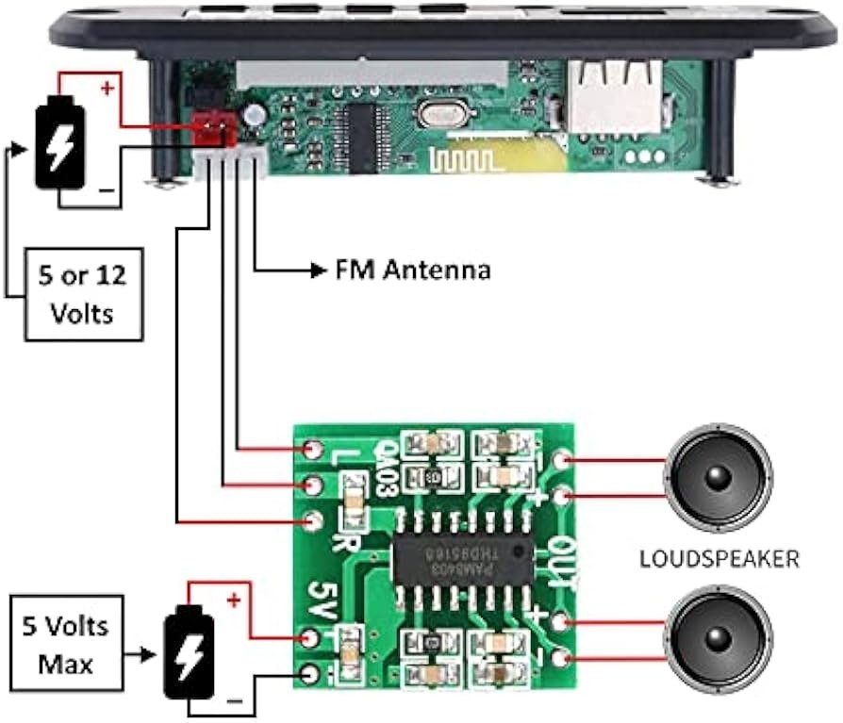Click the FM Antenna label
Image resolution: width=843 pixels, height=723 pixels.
click(x=413, y=271)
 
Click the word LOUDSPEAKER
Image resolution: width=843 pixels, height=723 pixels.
click(x=719, y=559)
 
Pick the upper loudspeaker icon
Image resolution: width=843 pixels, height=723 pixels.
click(x=719, y=477)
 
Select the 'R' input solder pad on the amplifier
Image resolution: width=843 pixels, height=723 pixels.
click(x=313, y=520)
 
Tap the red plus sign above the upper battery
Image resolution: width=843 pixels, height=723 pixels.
click(x=107, y=90)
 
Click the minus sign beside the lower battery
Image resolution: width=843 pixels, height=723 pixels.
click(x=235, y=702)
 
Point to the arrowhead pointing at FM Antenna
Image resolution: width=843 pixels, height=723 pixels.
click(x=319, y=271)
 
